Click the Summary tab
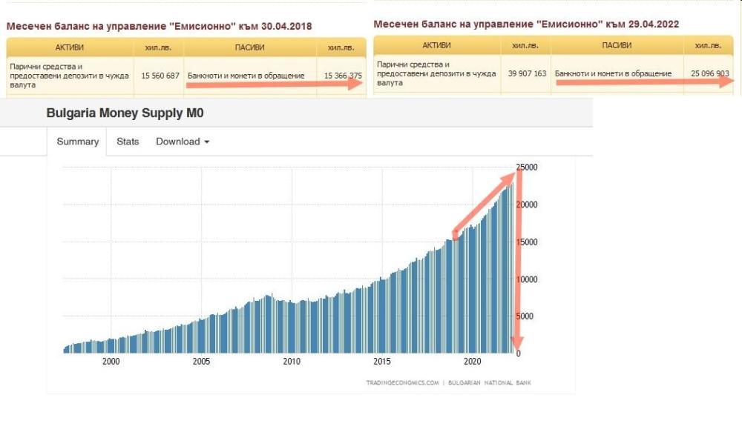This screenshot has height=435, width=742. point(78,142)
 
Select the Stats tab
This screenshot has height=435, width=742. point(128,142)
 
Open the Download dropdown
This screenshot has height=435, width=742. point(183,142)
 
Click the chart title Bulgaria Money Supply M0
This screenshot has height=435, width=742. point(125,114)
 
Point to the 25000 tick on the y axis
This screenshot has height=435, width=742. point(528,167)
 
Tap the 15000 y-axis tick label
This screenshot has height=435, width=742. point(528,242)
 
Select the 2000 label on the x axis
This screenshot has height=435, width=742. point(111,362)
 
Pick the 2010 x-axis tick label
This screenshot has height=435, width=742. point(292,362)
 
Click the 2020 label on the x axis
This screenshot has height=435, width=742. point(473,362)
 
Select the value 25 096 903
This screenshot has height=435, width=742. point(710,73)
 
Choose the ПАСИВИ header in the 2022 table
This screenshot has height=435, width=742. point(617,45)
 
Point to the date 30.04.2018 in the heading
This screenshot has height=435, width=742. point(285,26)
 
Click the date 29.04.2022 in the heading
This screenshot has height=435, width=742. point(651,24)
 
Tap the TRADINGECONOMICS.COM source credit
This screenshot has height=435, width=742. point(402,383)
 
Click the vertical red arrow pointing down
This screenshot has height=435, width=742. point(517,259)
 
